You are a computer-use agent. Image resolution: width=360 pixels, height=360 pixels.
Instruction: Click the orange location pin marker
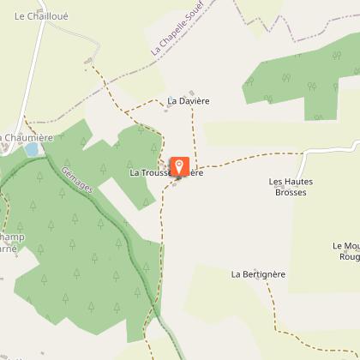[180, 166]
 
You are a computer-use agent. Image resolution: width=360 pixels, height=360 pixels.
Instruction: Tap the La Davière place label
[189, 101]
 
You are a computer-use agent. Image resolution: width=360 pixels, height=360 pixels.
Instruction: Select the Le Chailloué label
[40, 15]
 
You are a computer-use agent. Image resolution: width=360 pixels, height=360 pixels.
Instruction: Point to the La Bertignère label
[258, 274]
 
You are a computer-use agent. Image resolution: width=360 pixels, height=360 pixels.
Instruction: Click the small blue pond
[32, 149]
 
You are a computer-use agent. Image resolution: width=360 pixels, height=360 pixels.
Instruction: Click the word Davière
[195, 101]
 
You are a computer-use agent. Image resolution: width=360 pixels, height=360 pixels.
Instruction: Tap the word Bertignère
[263, 274]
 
